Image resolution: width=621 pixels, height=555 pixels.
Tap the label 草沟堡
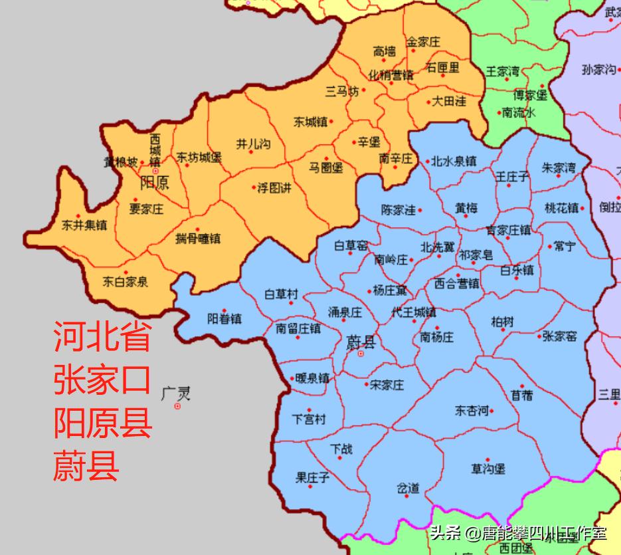coord(488,469)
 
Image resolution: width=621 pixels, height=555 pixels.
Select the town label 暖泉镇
coord(311,378)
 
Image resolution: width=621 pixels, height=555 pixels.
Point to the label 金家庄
coord(424,42)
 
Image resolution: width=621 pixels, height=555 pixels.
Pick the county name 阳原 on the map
coord(154,181)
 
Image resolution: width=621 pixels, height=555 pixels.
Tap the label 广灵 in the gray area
coord(176,393)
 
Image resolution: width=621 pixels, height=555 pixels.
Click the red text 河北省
coord(102,336)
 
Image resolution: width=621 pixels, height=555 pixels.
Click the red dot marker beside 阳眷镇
coord(224,310)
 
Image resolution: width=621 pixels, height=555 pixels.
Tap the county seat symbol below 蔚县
coord(361,354)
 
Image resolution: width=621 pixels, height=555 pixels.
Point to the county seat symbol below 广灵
coord(177,406)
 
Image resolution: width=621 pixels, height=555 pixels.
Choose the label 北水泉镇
coord(454,161)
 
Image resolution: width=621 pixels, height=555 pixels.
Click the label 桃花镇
coord(561,207)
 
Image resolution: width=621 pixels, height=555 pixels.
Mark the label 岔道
coord(408,489)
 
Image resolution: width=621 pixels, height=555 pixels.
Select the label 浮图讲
coord(274,188)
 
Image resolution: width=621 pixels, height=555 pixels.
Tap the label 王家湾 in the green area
coord(503,70)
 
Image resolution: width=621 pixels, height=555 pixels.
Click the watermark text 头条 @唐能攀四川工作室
coord(517,533)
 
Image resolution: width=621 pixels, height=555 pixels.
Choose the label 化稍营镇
coord(391,74)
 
